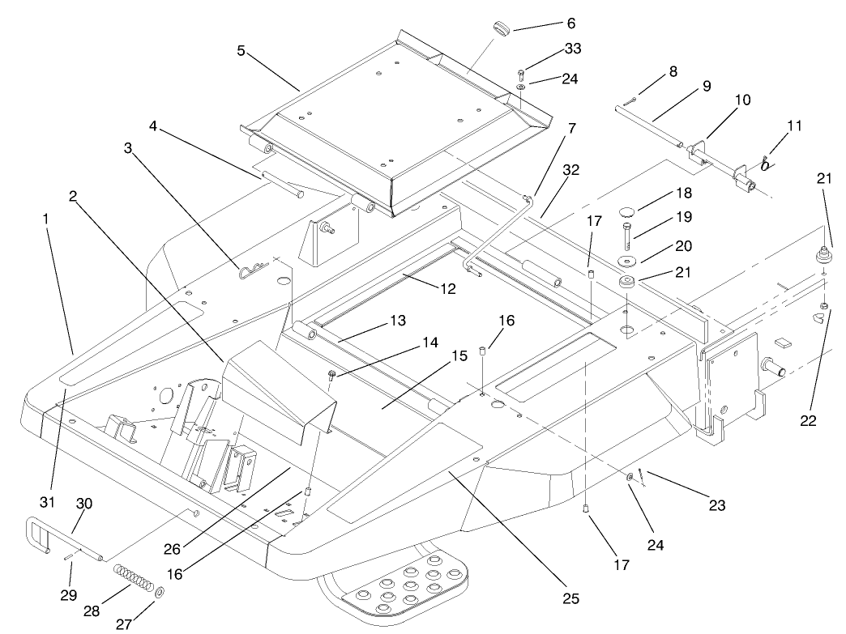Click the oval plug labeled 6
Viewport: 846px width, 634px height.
[498, 28]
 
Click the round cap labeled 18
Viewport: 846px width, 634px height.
[626, 212]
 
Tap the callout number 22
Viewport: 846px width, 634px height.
[808, 420]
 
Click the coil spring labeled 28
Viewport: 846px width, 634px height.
[133, 579]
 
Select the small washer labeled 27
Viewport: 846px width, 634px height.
[159, 594]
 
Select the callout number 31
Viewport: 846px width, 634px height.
[48, 502]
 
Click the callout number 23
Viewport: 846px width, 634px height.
[716, 505]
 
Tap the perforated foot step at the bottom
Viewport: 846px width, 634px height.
[405, 587]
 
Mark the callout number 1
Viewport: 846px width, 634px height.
[48, 219]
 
